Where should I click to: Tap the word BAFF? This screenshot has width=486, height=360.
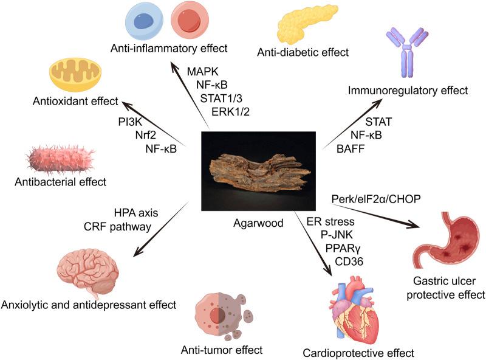pyautogui.click(x=347, y=147)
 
